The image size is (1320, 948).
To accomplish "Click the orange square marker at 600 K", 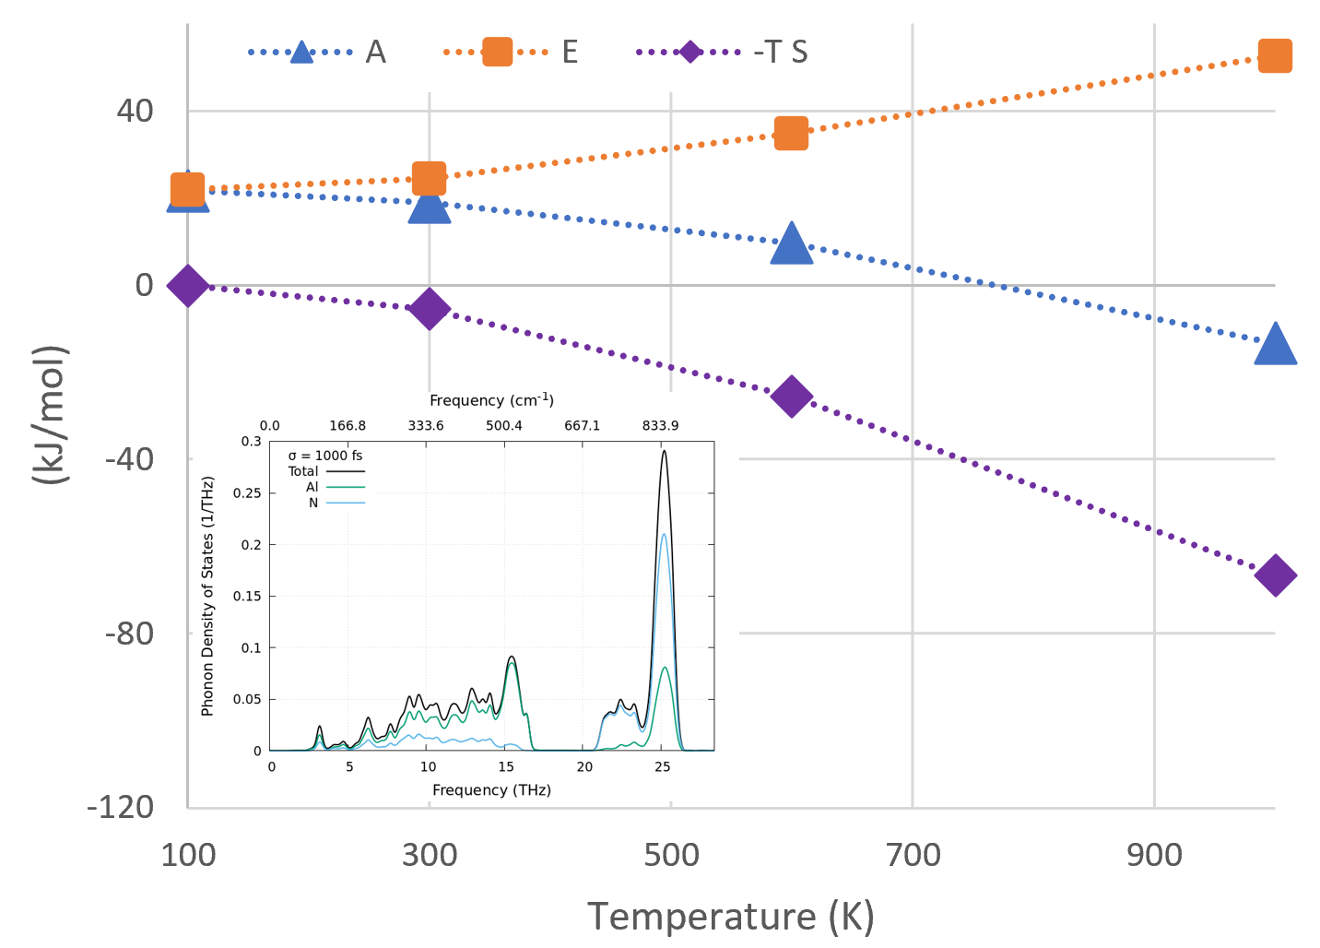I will click(x=791, y=133).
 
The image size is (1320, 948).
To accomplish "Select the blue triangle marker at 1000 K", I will click(x=1275, y=345).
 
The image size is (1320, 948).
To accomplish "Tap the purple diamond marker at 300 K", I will click(x=429, y=309).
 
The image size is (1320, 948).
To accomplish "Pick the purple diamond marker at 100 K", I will click(x=187, y=286).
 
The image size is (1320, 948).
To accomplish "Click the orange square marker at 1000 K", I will click(x=1275, y=56).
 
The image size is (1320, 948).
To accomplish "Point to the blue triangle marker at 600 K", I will click(x=791, y=244).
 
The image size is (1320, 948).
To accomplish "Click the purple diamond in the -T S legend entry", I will click(x=689, y=52).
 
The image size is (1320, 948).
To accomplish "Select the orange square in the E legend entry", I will click(x=497, y=52).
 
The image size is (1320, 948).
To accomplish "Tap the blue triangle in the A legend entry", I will click(x=301, y=53).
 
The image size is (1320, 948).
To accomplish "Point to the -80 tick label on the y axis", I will click(x=129, y=634).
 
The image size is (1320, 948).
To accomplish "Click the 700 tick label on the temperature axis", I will click(x=913, y=855).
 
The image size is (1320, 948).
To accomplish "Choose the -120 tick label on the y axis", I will click(x=121, y=807).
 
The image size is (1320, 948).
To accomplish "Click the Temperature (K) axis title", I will click(x=730, y=917).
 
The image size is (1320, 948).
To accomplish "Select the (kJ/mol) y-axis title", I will click(x=50, y=415).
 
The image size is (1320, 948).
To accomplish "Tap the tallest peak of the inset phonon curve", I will click(x=663, y=451).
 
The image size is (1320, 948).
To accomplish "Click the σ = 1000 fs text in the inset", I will click(x=324, y=456).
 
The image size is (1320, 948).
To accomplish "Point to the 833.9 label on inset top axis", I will click(x=660, y=425).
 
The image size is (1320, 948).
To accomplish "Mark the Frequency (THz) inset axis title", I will click(x=491, y=790).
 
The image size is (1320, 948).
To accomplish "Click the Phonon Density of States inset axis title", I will click(x=207, y=596).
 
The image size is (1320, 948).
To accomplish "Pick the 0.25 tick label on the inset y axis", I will click(x=248, y=493).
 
